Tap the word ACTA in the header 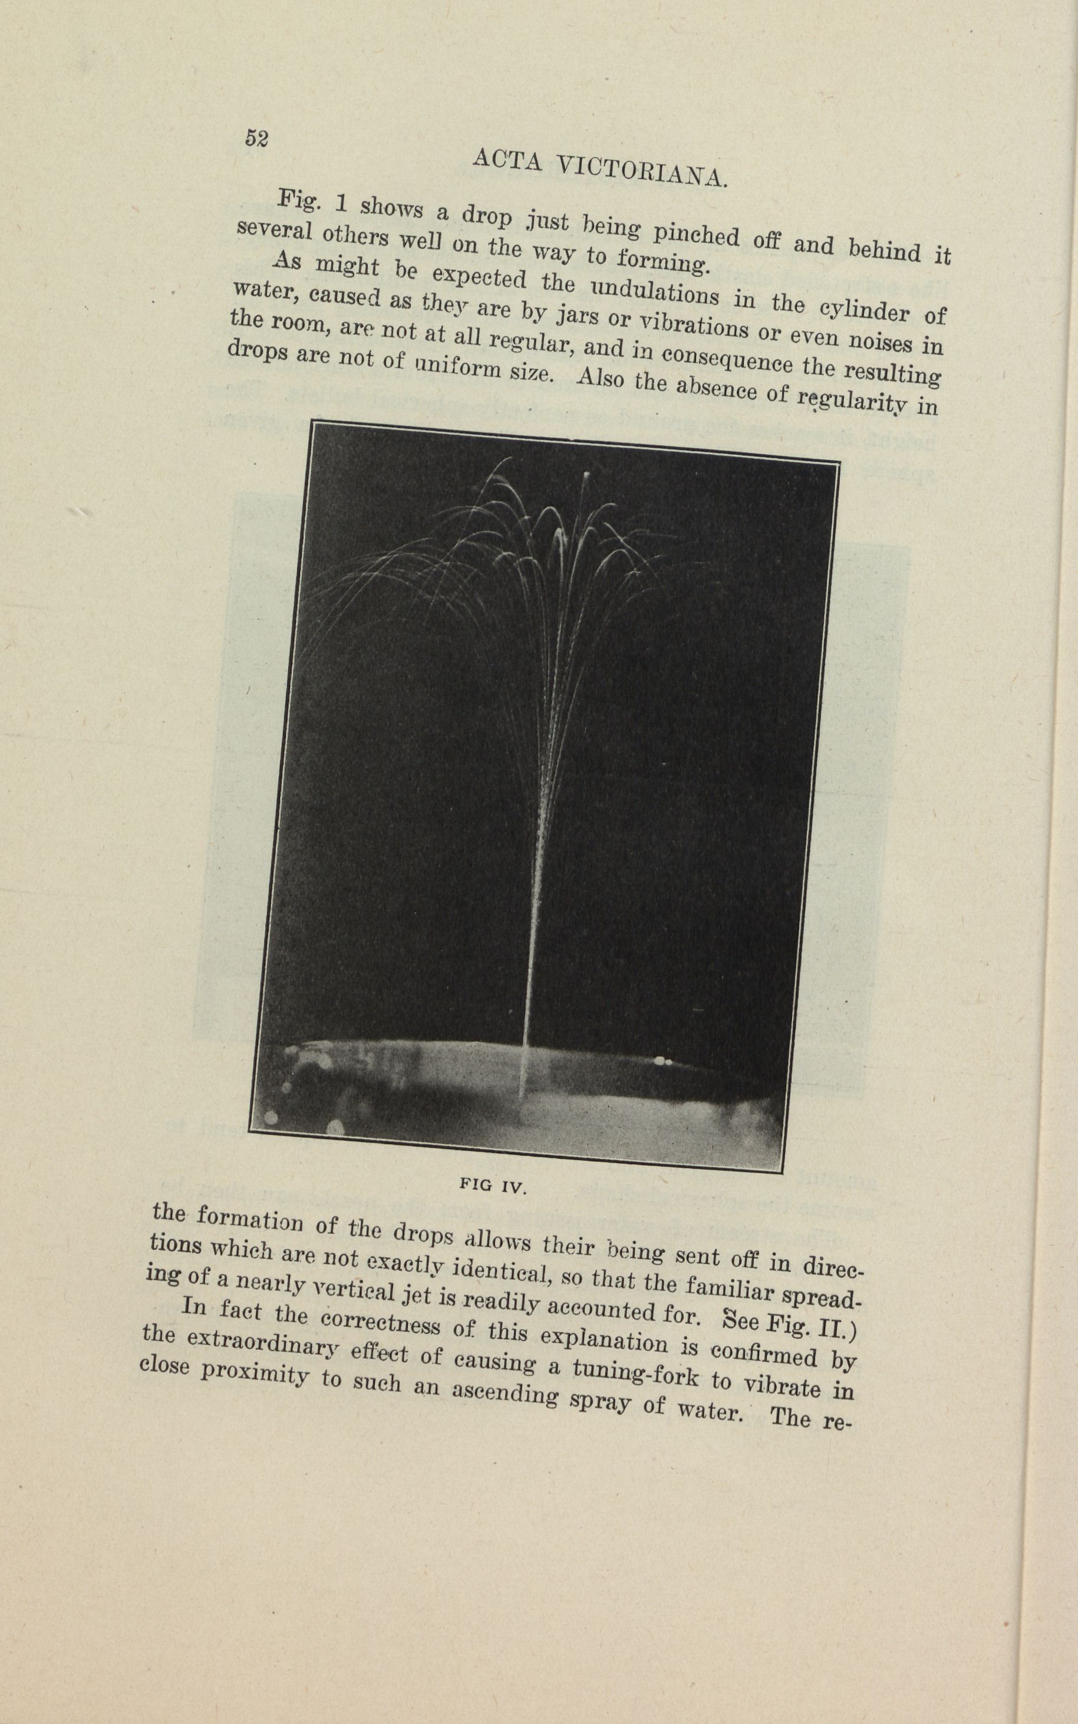point(507,161)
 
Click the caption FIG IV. point(493,1186)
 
